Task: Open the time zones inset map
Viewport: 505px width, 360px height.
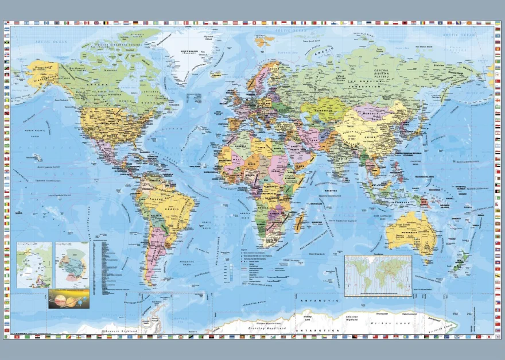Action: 378,276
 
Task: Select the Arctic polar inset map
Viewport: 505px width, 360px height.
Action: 34,264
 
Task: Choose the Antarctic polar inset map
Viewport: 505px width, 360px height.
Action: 72,264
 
